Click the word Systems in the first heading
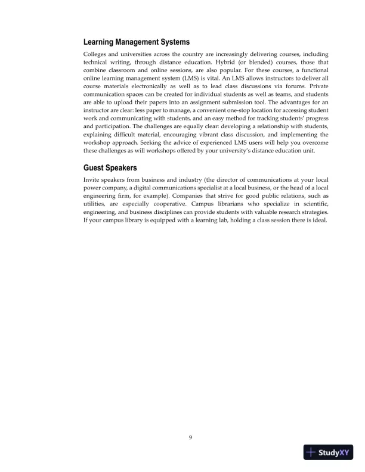(168, 42)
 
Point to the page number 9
(190, 438)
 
